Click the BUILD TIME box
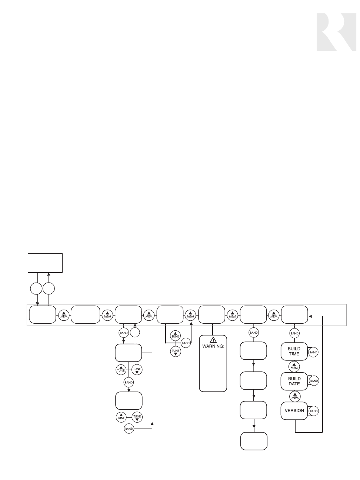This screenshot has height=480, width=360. (x=294, y=351)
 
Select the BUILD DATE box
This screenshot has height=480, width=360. (x=294, y=381)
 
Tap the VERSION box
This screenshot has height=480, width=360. (x=294, y=411)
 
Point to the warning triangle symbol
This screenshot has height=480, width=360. (x=213, y=339)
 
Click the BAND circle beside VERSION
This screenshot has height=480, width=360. (x=313, y=411)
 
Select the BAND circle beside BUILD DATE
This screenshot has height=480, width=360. (x=313, y=381)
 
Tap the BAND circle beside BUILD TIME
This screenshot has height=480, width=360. (x=313, y=352)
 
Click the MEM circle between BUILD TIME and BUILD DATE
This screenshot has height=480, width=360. (x=294, y=366)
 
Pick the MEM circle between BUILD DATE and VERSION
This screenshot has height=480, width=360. (x=294, y=396)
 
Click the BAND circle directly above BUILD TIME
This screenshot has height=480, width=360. (x=294, y=333)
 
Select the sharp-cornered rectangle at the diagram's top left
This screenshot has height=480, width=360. (x=46, y=263)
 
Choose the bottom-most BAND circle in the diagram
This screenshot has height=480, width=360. (x=129, y=429)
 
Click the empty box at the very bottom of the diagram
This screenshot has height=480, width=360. (x=254, y=441)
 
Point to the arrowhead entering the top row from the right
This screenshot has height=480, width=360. (x=311, y=316)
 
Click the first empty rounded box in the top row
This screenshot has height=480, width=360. (x=42, y=315)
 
